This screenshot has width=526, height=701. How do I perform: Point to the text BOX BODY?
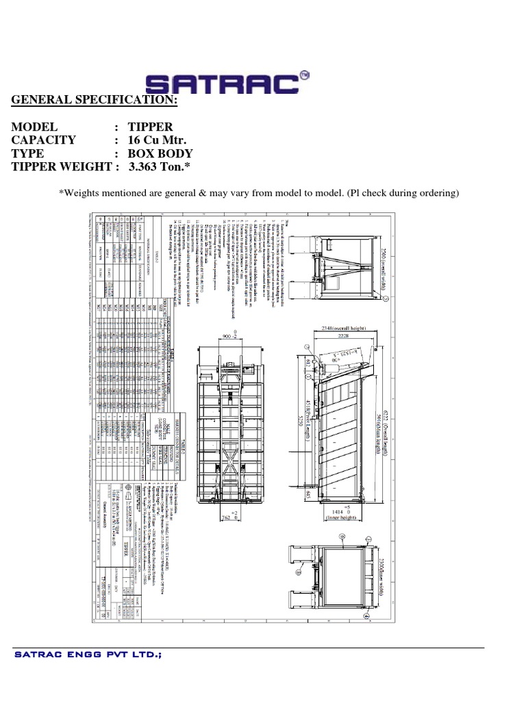pos(160,153)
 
